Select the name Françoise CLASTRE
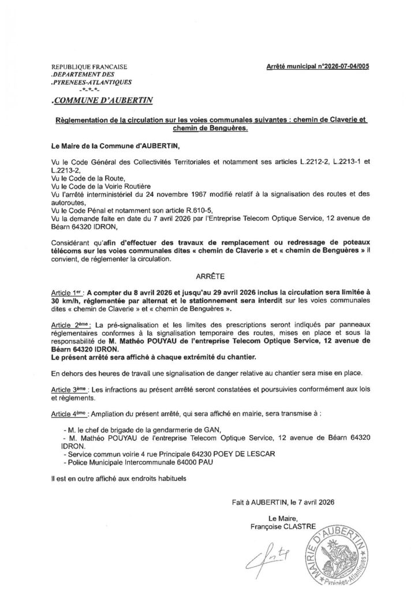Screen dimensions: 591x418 [279, 526]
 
